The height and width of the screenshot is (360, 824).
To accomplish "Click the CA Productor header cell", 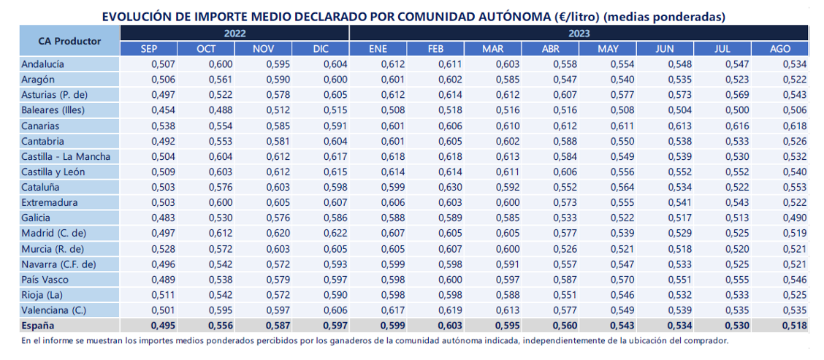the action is (70, 41).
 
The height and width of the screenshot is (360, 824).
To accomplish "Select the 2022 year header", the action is (235, 33).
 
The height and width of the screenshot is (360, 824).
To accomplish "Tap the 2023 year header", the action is (579, 33).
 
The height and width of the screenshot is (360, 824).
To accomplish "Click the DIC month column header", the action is (320, 49).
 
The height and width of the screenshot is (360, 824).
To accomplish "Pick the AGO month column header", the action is (779, 49).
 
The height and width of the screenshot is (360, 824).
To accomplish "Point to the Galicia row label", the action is (37, 218).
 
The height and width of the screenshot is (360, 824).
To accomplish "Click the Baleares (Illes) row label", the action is (53, 110).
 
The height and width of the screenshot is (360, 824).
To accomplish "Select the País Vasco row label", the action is (45, 279).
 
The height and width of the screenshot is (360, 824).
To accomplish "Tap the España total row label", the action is (38, 326).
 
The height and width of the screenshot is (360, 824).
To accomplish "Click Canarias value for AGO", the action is (794, 126).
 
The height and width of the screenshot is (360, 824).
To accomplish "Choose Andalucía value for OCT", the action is (221, 65).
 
